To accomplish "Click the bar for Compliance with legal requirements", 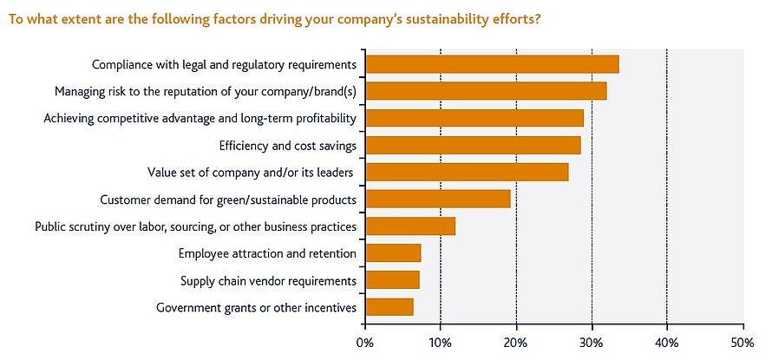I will pyautogui.click(x=492, y=64).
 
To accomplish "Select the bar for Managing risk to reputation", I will pyautogui.click(x=486, y=91).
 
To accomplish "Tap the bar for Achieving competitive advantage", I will pyautogui.click(x=474, y=118).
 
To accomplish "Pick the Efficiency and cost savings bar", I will pyautogui.click(x=473, y=145).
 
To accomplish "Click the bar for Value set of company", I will pyautogui.click(x=467, y=172).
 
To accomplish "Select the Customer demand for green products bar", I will pyautogui.click(x=438, y=200).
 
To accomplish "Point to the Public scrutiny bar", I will pyautogui.click(x=410, y=226).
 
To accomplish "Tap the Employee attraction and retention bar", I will pyautogui.click(x=393, y=253).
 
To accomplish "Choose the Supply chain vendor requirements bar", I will pyautogui.click(x=392, y=280).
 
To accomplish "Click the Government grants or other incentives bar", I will pyautogui.click(x=389, y=307).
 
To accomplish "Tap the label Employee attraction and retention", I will pyautogui.click(x=267, y=253).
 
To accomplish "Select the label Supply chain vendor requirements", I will pyautogui.click(x=268, y=280).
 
